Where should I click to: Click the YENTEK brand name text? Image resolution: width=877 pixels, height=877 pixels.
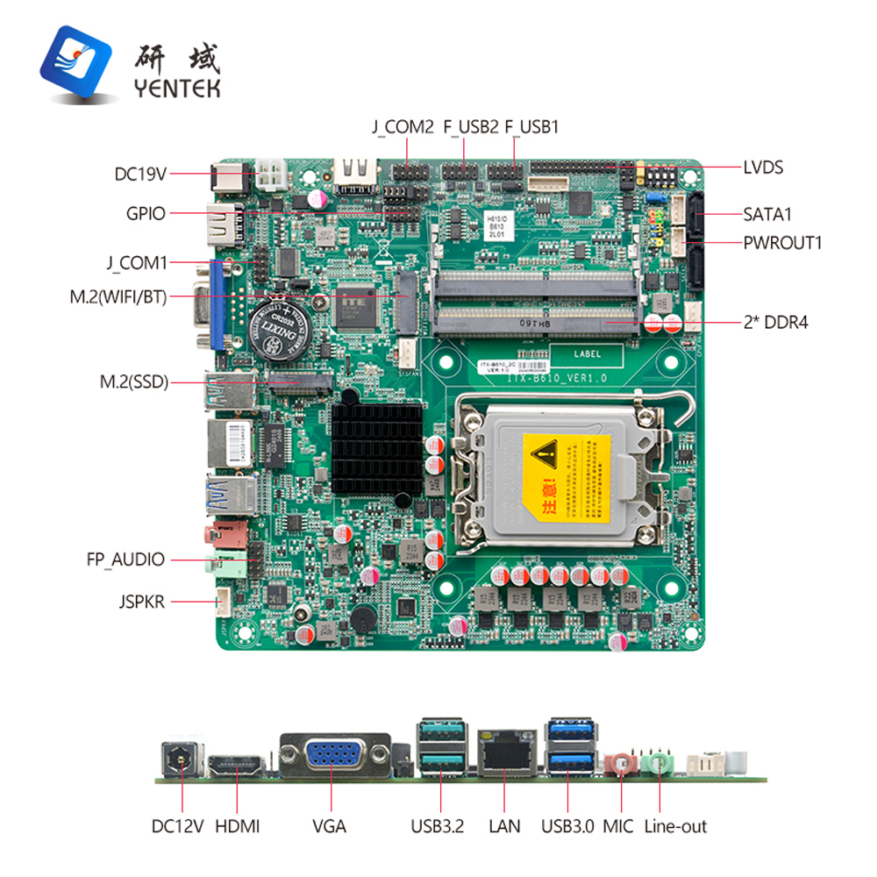tap(177, 89)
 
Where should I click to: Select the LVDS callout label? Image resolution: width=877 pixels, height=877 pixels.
tap(763, 167)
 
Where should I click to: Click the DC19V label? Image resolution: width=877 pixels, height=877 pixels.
tap(140, 174)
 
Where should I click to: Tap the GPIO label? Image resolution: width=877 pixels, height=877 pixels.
tap(146, 213)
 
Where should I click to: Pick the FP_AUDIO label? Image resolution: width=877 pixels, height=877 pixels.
tap(125, 559)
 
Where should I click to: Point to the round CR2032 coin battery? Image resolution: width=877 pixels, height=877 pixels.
tap(279, 331)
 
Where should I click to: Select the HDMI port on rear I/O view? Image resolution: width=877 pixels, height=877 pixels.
tap(237, 765)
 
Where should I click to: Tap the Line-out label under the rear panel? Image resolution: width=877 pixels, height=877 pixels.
tap(675, 826)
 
